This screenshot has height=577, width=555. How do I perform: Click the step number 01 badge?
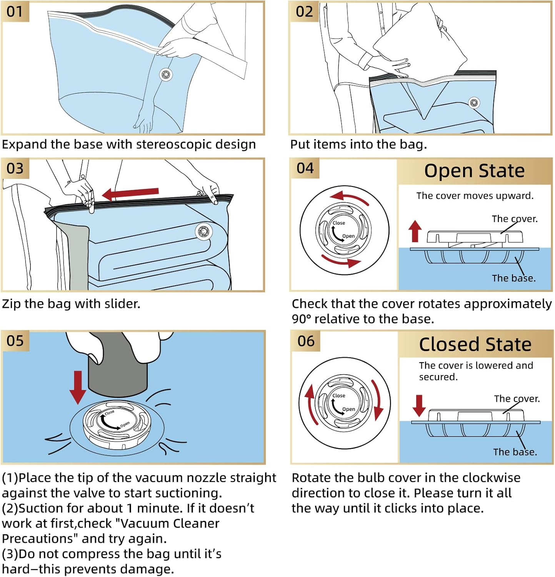pyautogui.click(x=15, y=12)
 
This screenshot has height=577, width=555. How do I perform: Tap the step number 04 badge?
pyautogui.click(x=305, y=168)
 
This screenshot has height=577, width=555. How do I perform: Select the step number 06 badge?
pyautogui.click(x=306, y=341)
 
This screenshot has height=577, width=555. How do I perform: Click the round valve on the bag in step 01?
pyautogui.click(x=166, y=74)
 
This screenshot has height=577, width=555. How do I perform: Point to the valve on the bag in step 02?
pyautogui.click(x=474, y=102)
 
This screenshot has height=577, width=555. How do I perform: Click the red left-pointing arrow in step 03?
pyautogui.click(x=131, y=193)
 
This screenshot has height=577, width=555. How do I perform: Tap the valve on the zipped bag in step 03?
pyautogui.click(x=203, y=231)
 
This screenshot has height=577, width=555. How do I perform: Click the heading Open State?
pyautogui.click(x=474, y=171)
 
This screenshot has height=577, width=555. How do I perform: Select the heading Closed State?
pyautogui.click(x=475, y=344)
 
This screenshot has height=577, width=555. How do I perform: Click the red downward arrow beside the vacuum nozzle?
pyautogui.click(x=78, y=387)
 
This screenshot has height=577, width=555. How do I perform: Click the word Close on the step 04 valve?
pyautogui.click(x=339, y=223)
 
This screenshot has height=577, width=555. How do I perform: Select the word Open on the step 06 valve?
pyautogui.click(x=348, y=409)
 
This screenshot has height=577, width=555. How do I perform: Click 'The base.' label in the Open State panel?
pyautogui.click(x=513, y=278)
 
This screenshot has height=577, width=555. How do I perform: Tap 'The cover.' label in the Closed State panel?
pyautogui.click(x=517, y=399)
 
